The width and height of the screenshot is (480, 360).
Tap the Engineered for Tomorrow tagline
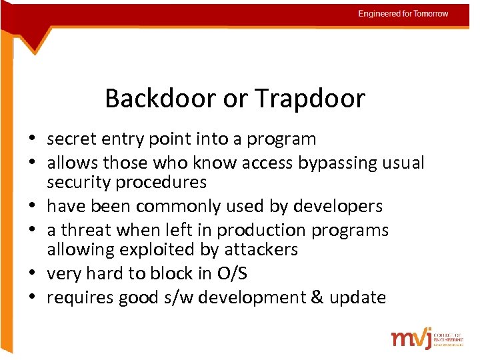pos(403,13)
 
